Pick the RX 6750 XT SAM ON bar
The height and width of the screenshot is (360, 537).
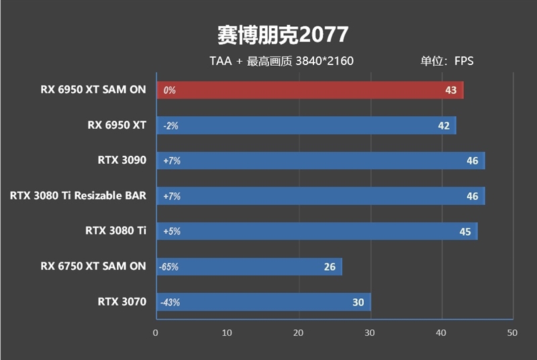click(248, 267)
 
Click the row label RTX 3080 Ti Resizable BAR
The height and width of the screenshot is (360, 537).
click(78, 196)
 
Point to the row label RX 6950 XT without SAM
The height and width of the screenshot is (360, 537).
click(117, 125)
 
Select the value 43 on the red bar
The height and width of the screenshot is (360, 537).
click(450, 90)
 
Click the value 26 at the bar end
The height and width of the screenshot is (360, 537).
click(330, 267)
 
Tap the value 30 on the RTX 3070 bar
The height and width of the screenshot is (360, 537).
click(358, 302)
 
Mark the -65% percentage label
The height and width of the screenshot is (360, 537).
click(168, 267)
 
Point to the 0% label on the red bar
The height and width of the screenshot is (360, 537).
click(169, 90)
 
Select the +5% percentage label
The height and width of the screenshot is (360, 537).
click(171, 232)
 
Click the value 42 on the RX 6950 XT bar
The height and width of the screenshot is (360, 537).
click(443, 126)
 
